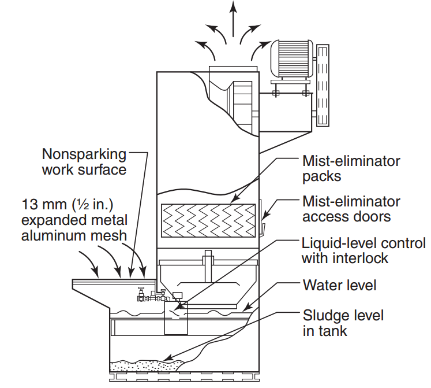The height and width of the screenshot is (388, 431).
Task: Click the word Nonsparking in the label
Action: click(84, 154)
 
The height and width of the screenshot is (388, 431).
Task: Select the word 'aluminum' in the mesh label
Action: click(53, 235)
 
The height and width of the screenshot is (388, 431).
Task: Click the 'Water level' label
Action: click(339, 285)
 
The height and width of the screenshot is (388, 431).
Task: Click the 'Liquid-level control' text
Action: click(363, 243)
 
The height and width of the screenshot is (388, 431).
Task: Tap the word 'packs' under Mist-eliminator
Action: click(321, 176)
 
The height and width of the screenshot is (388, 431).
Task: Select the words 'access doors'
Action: click(346, 217)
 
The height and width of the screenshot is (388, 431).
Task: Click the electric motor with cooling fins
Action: click(291, 59)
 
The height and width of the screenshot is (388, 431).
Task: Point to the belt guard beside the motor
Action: click(323, 86)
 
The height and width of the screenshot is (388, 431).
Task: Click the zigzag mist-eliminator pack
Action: click(208, 221)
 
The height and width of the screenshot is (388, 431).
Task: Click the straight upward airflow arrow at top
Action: click(233, 19)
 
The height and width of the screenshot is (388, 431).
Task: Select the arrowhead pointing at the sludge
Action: click(167, 359)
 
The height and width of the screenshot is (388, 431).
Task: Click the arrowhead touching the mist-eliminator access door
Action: click(265, 216)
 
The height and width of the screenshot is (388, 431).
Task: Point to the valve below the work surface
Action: click(141, 294)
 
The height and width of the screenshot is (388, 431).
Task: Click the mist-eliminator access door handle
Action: click(263, 229)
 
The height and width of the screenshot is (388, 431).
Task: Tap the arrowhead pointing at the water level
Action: click(248, 307)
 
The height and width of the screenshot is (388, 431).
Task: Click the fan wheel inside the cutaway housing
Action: click(241, 105)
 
